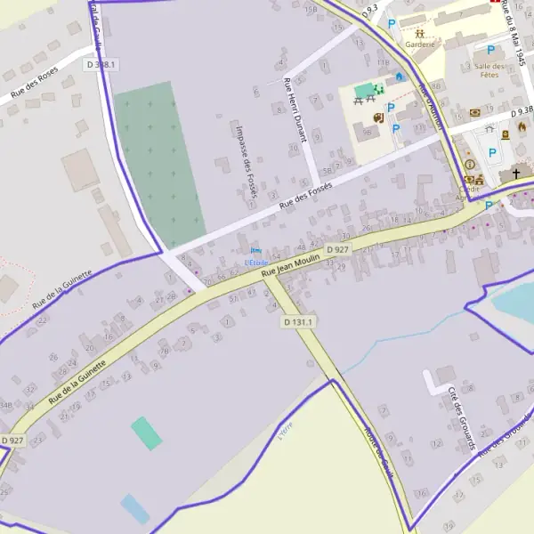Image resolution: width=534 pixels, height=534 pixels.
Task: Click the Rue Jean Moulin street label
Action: click(x=291, y=263)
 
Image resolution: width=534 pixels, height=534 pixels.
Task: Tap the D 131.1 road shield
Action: click(x=299, y=321)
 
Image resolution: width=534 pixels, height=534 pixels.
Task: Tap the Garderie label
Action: click(x=419, y=44)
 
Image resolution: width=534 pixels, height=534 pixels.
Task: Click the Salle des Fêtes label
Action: click(x=490, y=71)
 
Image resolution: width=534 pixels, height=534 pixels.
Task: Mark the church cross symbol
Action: click(x=515, y=176)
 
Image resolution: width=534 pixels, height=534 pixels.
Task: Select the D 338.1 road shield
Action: click(x=101, y=65)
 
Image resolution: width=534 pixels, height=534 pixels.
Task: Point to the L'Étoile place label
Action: click(x=255, y=262)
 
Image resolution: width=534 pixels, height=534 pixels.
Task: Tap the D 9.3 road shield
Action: click(x=371, y=8)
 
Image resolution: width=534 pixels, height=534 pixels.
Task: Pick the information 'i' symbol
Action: click(x=470, y=165)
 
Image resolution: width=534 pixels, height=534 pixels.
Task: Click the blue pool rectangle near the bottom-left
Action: click(x=135, y=508)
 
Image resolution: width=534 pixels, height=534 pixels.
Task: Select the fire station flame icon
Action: click(x=522, y=125)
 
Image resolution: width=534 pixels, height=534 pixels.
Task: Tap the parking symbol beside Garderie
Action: click(x=391, y=24)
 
